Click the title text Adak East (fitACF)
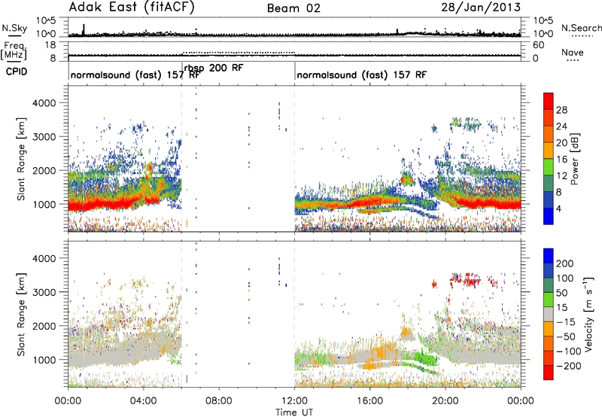point(132,8)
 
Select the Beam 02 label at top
point(293,8)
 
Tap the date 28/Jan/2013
point(481,8)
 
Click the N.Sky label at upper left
point(14,28)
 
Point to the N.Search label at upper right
point(582,28)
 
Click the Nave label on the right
point(573,52)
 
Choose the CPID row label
point(17,72)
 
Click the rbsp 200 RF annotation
point(214,68)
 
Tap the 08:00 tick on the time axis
point(219,401)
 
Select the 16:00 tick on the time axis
point(369,401)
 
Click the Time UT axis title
point(294,412)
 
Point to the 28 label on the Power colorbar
point(561,110)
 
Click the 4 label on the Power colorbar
point(558,208)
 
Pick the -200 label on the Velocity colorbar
point(568,366)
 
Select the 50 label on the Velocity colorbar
point(561,293)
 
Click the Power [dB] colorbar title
point(575,159)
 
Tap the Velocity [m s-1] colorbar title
point(588,314)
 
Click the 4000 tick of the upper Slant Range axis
point(44,103)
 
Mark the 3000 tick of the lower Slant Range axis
point(44,292)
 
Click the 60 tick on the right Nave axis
point(538,45)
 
